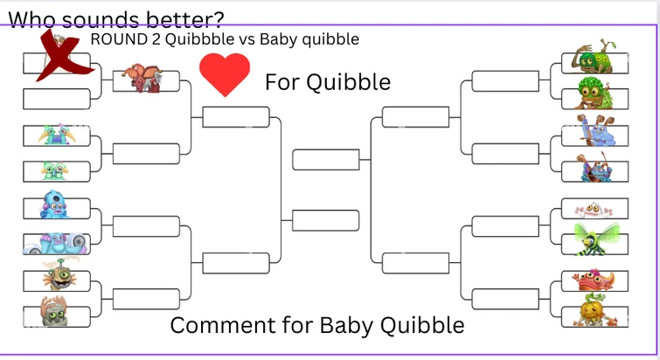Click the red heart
tap(225, 74)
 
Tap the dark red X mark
tap(58, 57)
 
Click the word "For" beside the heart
tap(283, 82)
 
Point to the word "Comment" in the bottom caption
tap(212, 326)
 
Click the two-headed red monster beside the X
tap(141, 79)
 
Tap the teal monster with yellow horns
tap(57, 135)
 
